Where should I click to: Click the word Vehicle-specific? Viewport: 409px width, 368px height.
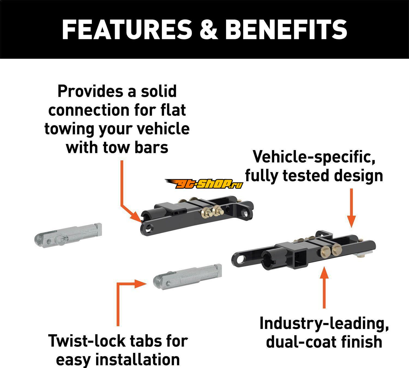314,157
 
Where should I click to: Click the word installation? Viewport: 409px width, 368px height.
137,359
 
